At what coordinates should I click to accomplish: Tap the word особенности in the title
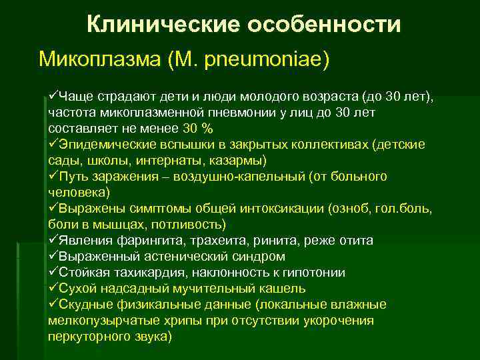324,25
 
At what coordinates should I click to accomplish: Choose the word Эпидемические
101,145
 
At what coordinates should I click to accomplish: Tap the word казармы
239,161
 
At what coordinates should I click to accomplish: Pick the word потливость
192,225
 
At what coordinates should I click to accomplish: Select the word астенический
187,257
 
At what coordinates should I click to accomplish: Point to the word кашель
280,289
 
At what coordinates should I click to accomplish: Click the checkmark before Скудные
53,305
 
